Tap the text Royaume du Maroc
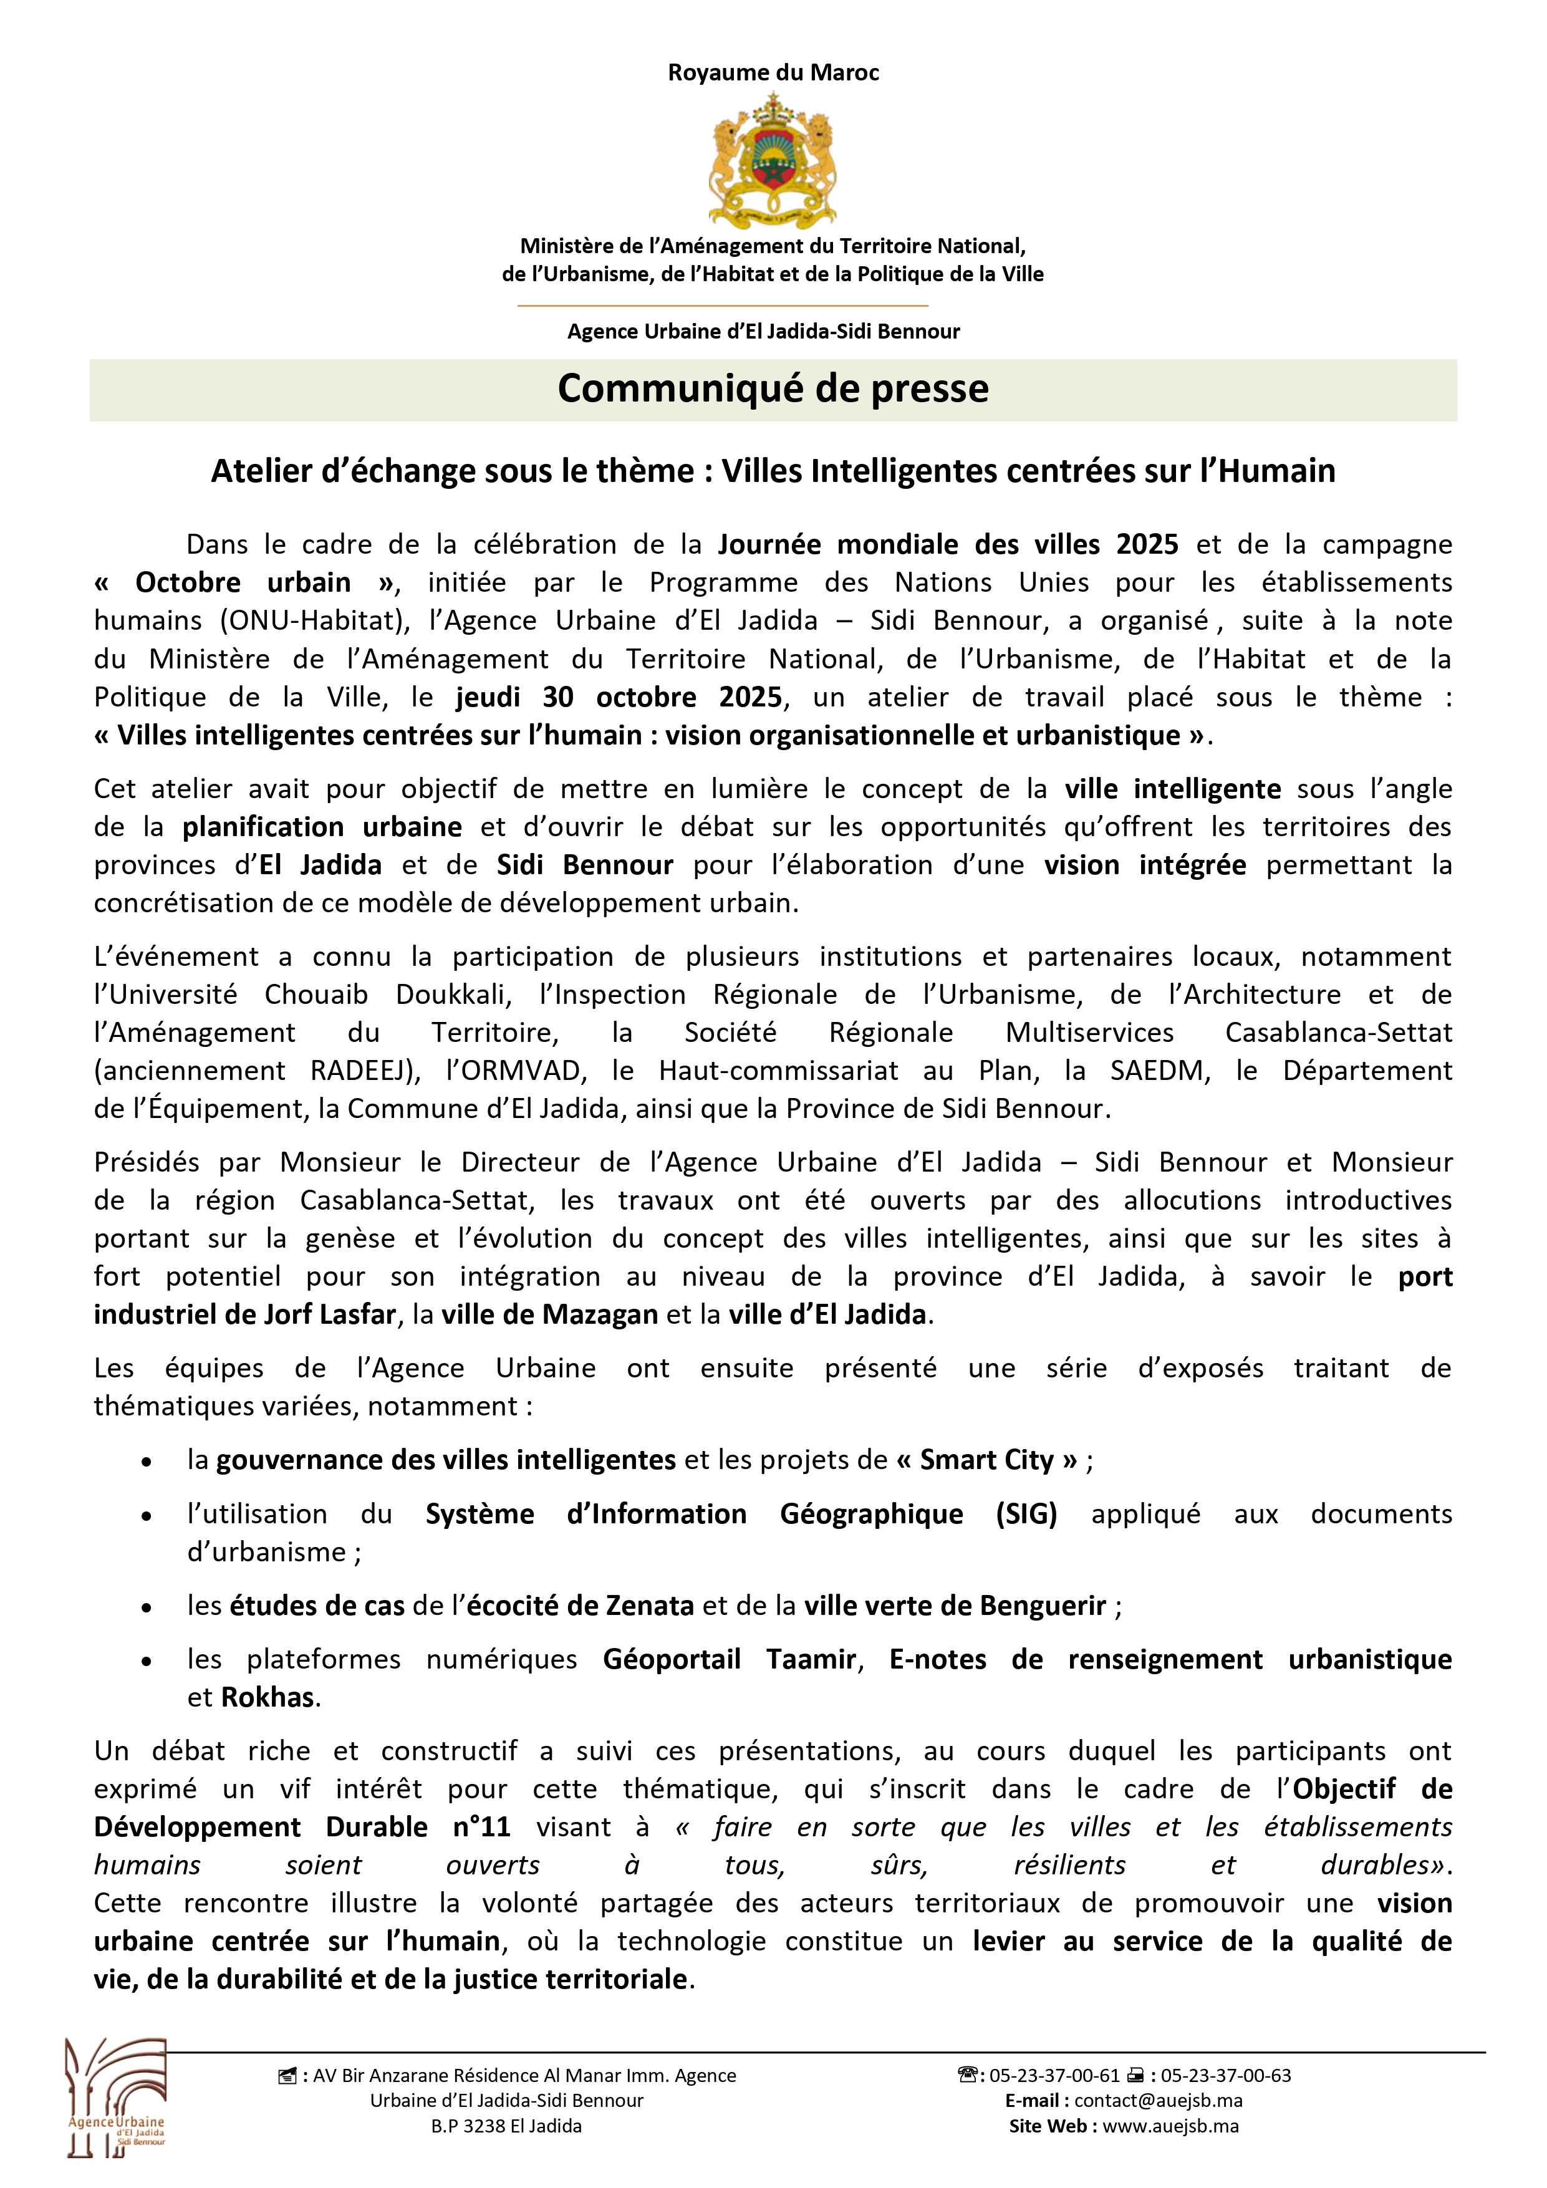click(x=773, y=72)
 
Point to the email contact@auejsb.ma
click(x=1158, y=2100)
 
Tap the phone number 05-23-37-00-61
click(x=1054, y=2076)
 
